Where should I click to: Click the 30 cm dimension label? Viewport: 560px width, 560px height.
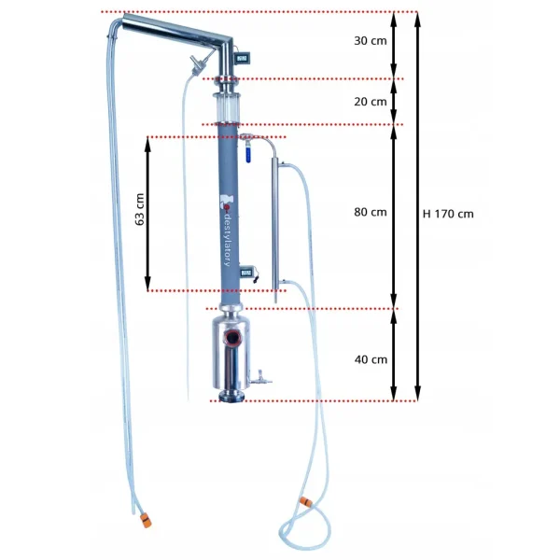coord(370,41)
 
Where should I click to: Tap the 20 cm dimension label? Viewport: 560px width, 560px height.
coord(370,102)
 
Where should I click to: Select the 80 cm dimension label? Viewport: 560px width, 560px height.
coord(370,212)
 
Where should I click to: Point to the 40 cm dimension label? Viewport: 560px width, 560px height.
coord(371,359)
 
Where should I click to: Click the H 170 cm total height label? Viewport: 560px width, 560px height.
coord(448,214)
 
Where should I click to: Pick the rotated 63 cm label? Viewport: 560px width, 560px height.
coord(140,209)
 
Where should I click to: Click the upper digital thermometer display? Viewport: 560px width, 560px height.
coord(242,57)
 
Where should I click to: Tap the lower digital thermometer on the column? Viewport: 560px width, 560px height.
coord(246,273)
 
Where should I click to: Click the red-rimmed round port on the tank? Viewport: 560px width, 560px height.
coord(232,337)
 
